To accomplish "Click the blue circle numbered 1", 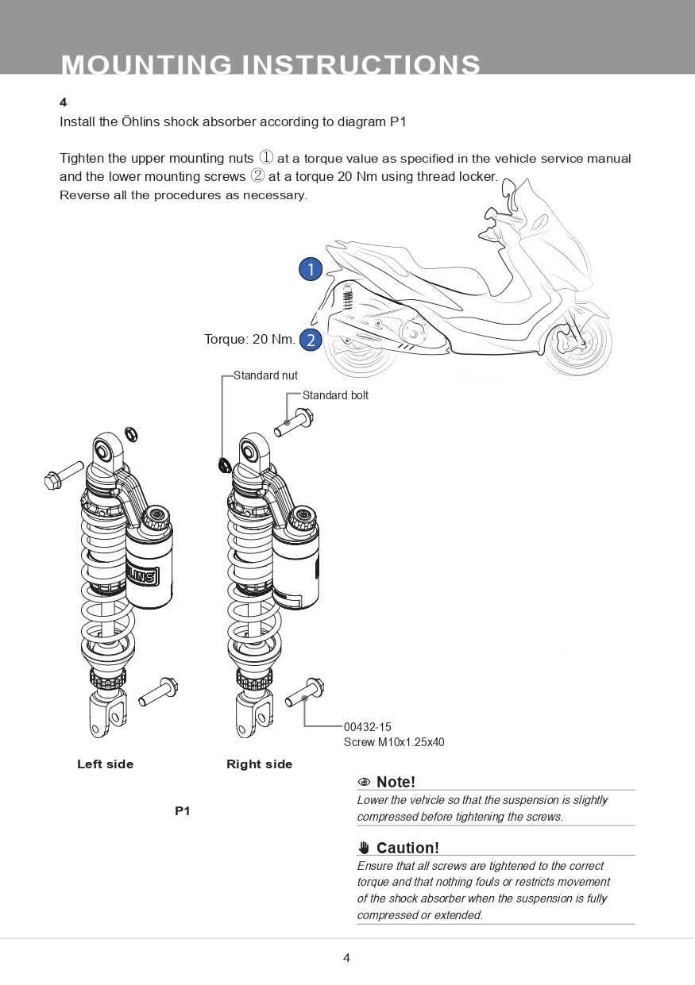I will [x=311, y=269].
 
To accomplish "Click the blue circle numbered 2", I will [x=311, y=340].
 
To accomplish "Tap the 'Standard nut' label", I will [x=265, y=375].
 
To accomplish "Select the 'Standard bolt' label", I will [x=335, y=395].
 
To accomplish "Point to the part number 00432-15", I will [x=367, y=727].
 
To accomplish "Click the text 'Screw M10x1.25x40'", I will [x=394, y=743].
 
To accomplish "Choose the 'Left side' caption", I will [x=105, y=764].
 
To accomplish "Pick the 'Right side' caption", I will [x=259, y=764].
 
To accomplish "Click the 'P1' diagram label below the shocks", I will [x=183, y=811].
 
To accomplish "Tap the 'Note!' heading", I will [x=396, y=783].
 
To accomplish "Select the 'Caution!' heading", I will [x=407, y=848].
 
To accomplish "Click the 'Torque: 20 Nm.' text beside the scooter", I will [x=249, y=340].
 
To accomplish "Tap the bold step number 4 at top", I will [x=64, y=102].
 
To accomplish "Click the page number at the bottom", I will [x=346, y=957].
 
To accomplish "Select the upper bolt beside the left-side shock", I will [x=64, y=475].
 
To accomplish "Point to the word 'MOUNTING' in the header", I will [x=147, y=65].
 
